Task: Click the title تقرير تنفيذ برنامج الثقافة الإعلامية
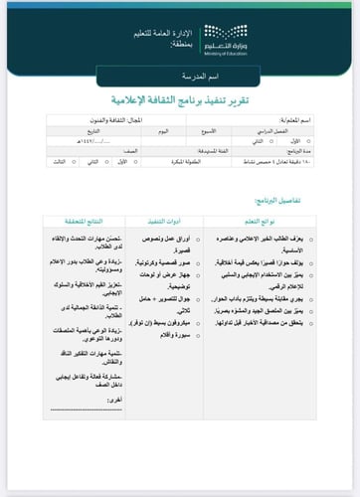[x=180, y=102]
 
